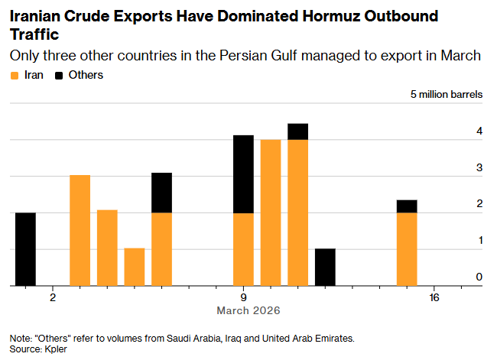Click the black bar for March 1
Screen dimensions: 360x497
[25, 249]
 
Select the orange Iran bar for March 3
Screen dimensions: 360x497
[80, 230]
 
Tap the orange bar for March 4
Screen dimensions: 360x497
[107, 248]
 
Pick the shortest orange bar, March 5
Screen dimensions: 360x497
[135, 267]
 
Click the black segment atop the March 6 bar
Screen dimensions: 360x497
[161, 193]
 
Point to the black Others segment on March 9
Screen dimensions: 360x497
[243, 174]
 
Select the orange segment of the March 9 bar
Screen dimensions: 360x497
[243, 249]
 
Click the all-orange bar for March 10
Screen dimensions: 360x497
[271, 212]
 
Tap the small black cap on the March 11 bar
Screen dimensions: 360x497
[297, 131]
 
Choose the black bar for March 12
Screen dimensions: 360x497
[325, 267]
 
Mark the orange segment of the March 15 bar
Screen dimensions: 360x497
[407, 249]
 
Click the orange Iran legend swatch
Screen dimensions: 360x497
[14, 76]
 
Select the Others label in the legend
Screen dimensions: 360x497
[86, 75]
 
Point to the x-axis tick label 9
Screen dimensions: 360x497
[243, 297]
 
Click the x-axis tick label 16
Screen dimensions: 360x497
[434, 297]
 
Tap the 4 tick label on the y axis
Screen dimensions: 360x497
[479, 131]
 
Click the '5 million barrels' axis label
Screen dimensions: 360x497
[447, 95]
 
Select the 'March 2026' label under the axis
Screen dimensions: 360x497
[248, 311]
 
